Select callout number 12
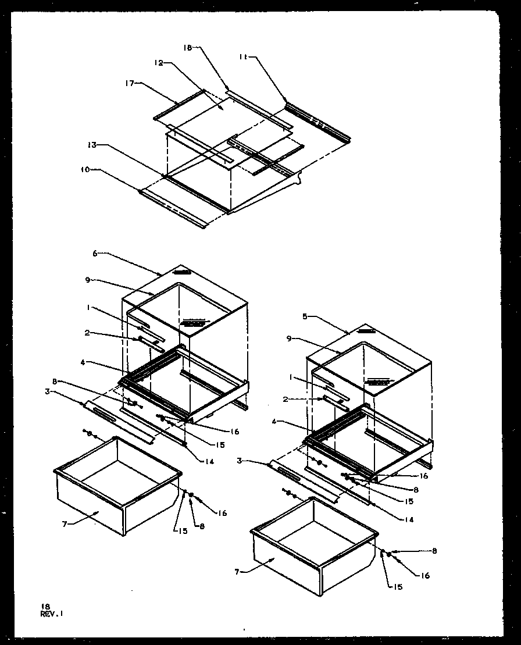coord(159,64)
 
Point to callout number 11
coord(244,56)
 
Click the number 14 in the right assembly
coord(411,520)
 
